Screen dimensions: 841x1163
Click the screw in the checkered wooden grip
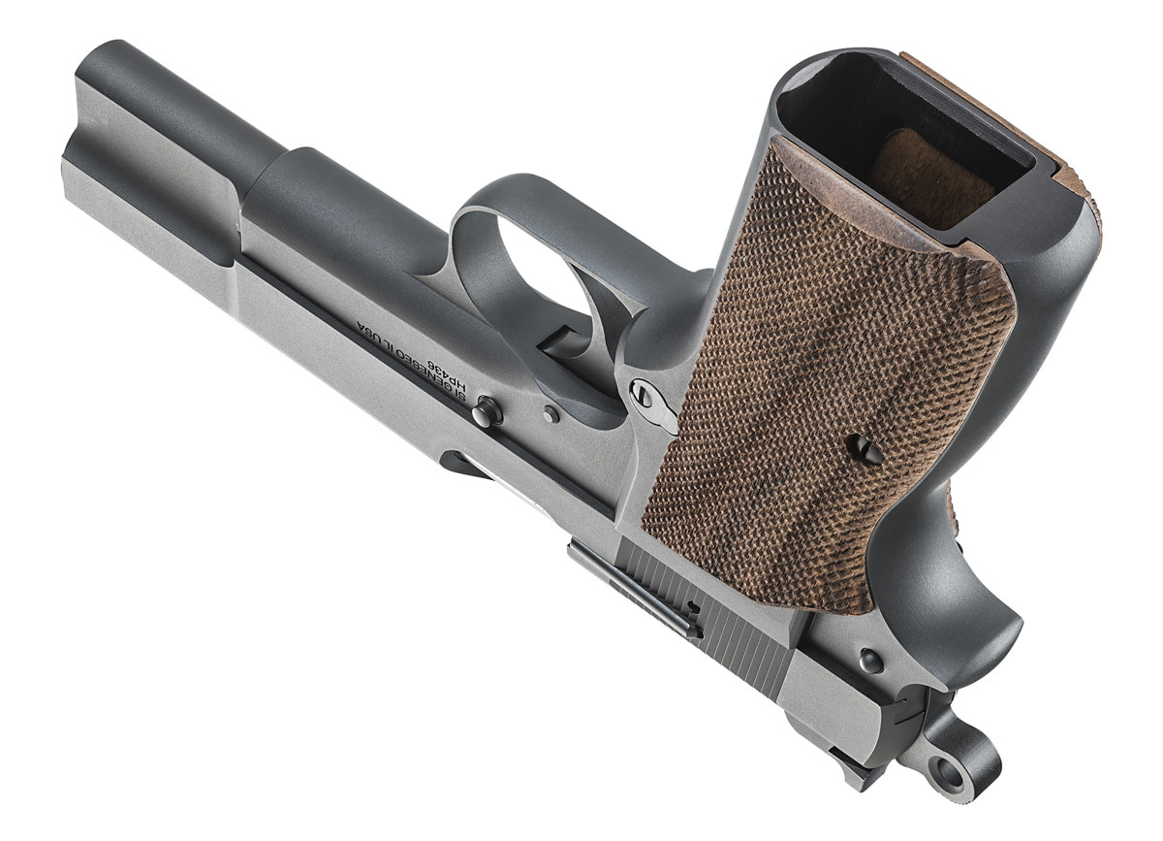point(865,448)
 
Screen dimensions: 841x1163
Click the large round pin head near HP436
point(487,411)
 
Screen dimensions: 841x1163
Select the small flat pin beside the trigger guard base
point(551,414)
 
